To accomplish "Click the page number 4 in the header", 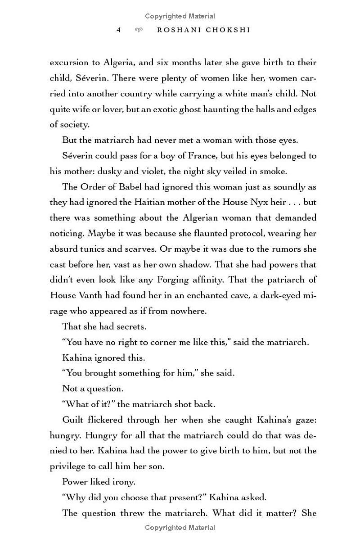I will pyautogui.click(x=118, y=30).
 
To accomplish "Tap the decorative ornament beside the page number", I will pyautogui.click(x=139, y=30).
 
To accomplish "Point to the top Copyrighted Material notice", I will pyautogui.click(x=180, y=16).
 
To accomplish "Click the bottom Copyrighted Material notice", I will pyautogui.click(x=180, y=528).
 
